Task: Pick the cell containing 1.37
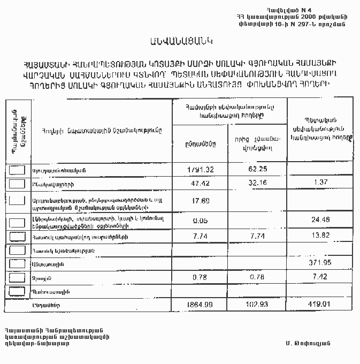tap(320, 183)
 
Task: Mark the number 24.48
tap(320, 219)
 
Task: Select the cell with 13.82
tap(320, 236)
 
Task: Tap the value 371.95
tap(320, 263)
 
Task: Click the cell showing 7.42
tap(320, 277)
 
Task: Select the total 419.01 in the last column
tap(320, 304)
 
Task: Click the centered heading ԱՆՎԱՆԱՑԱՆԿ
tap(180, 41)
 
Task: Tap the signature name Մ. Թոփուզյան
tap(309, 343)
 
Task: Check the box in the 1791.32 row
tap(18, 170)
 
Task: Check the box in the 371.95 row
tap(18, 263)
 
